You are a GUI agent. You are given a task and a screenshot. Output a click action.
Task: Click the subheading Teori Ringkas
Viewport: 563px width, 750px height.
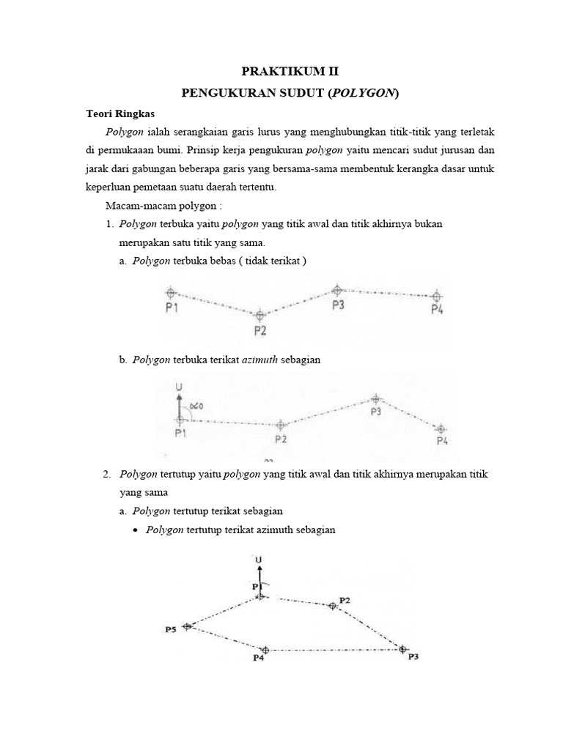(x=120, y=114)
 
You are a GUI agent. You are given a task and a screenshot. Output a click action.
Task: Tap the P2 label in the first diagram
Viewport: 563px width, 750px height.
(x=260, y=331)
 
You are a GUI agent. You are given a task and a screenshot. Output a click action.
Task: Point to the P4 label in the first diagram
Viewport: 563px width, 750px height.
(x=437, y=310)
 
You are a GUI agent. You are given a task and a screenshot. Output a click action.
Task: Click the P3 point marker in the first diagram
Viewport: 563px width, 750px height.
(x=336, y=290)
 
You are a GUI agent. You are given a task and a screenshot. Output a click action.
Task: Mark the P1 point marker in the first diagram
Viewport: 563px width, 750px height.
(x=171, y=292)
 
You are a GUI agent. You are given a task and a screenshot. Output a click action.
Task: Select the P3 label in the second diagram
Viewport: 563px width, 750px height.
(x=376, y=412)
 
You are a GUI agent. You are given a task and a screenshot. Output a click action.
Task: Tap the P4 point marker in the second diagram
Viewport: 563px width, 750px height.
(x=441, y=429)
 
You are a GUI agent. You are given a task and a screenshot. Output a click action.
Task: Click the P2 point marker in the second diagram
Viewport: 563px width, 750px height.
(x=281, y=425)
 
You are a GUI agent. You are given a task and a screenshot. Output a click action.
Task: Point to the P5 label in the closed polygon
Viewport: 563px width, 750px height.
(x=171, y=629)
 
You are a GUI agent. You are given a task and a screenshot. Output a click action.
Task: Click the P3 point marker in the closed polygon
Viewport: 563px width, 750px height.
(x=402, y=648)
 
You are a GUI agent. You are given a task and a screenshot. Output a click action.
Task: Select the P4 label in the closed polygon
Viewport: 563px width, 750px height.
(x=258, y=658)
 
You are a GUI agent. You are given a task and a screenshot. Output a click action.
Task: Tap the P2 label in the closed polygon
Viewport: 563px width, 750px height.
(x=345, y=600)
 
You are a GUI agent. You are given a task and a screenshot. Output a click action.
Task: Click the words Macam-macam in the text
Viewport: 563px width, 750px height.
(x=133, y=207)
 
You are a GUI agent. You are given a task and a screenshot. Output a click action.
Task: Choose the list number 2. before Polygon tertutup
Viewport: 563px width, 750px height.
(x=108, y=475)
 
